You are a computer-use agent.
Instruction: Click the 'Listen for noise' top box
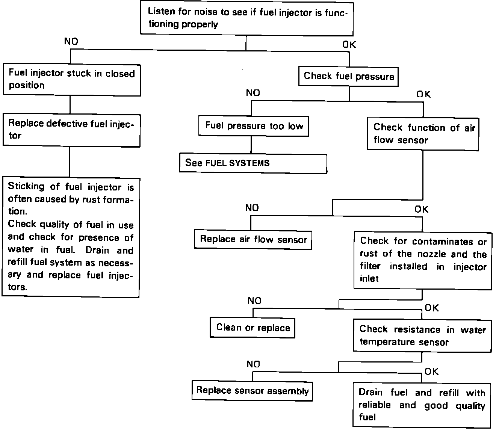246,18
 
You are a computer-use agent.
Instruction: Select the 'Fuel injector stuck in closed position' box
71,79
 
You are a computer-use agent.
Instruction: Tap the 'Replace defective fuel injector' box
71,130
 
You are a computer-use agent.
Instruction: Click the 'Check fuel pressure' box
349,76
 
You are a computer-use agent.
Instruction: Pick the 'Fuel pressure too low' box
254,126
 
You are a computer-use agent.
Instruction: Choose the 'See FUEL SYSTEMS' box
253,163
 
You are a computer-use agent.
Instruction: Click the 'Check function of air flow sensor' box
423,134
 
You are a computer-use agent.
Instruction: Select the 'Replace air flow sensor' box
253,239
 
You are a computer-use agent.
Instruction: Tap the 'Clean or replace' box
253,328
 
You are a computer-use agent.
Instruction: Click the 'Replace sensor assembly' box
252,391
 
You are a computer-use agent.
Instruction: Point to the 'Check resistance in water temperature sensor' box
422,336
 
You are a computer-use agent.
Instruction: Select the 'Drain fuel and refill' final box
422,405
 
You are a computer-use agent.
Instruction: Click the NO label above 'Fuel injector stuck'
71,41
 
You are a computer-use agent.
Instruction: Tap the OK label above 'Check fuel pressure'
349,45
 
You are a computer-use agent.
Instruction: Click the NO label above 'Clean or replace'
254,301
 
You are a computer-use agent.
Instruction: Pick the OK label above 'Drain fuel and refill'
431,372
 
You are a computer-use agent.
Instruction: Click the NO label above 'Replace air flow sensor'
252,208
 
